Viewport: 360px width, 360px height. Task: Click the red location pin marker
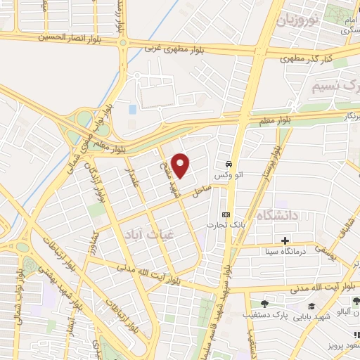pyautogui.click(x=181, y=165)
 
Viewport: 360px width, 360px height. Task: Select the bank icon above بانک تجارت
pyautogui.click(x=225, y=214)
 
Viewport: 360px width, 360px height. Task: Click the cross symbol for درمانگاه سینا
pyautogui.click(x=285, y=240)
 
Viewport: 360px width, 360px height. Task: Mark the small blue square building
pyautogui.click(x=133, y=109)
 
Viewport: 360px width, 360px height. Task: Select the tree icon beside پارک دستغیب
pyautogui.click(x=264, y=304)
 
